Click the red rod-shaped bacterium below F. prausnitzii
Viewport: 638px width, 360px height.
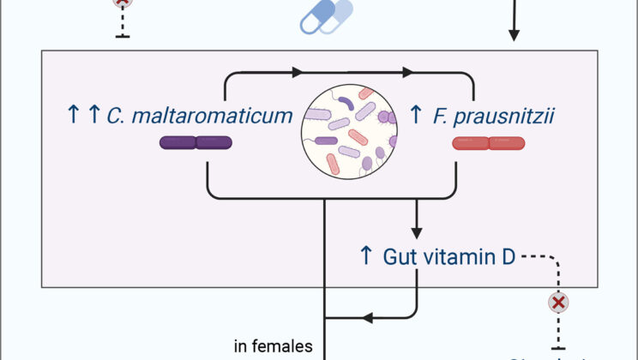tap(488, 143)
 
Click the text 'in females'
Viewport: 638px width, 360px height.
tap(274, 346)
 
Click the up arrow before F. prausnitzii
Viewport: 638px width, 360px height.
tap(416, 114)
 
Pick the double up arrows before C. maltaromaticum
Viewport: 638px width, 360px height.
tap(82, 114)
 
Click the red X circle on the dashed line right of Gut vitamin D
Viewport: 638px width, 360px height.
tap(558, 303)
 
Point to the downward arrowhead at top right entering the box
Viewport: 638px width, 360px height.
tap(514, 35)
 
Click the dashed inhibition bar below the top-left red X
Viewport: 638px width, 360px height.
tap(123, 35)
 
